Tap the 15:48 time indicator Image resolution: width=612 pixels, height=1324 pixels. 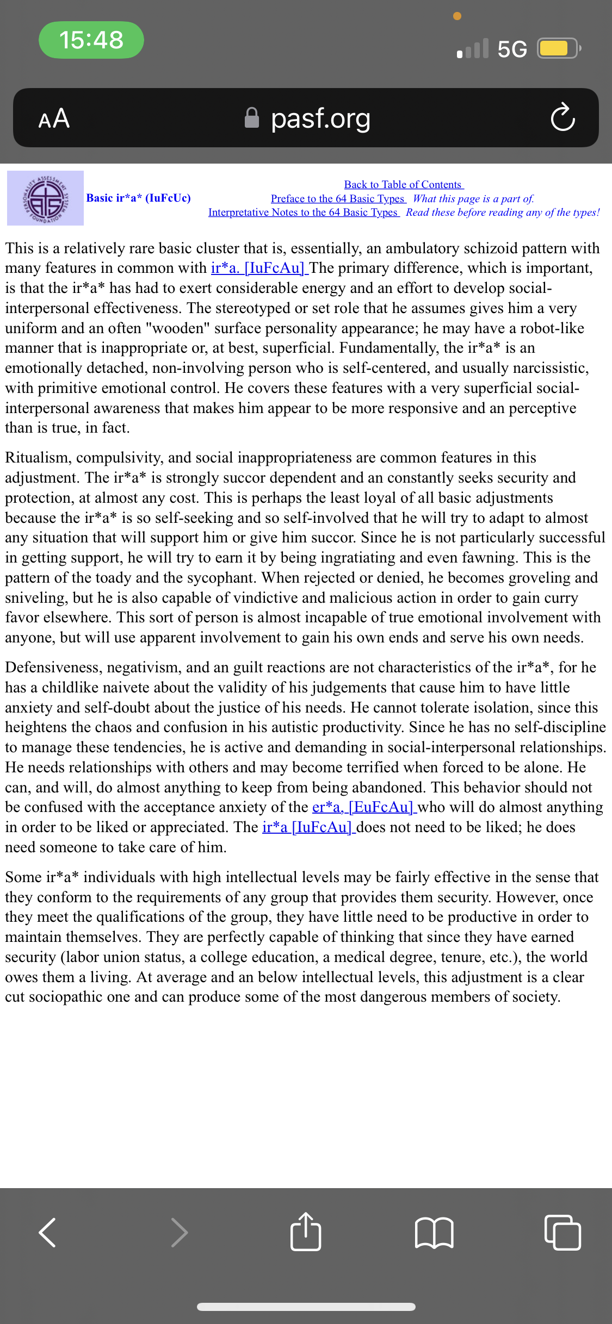(91, 40)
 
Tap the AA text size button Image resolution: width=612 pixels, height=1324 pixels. (54, 118)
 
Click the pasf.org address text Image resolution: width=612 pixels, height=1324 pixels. (320, 118)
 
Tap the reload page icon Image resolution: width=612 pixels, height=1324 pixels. (562, 117)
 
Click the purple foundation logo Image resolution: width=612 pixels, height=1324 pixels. (45, 198)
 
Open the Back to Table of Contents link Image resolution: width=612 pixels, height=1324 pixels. (403, 185)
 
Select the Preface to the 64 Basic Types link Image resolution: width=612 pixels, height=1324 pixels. (338, 199)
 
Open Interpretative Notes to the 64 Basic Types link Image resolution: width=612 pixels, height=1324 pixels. (303, 213)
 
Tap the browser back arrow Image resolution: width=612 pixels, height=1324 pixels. (48, 1232)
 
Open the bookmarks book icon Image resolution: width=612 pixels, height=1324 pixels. (434, 1232)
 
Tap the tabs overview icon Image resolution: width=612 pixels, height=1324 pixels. (562, 1232)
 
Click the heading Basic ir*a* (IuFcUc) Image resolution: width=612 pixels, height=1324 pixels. (139, 198)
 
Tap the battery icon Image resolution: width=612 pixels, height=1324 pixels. (558, 48)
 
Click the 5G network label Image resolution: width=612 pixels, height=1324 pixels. (512, 49)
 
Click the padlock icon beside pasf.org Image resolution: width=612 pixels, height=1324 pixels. (252, 117)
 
